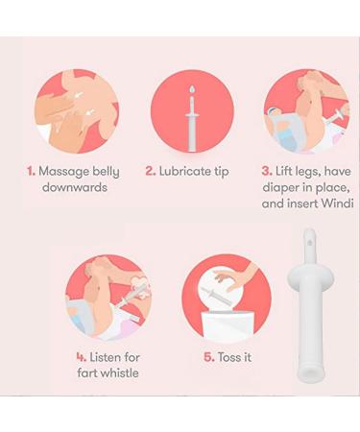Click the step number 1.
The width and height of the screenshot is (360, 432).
[x=30, y=171]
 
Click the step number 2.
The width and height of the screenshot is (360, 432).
[x=151, y=171]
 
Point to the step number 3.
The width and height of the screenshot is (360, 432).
[x=266, y=171]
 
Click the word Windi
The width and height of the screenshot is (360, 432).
[x=336, y=204]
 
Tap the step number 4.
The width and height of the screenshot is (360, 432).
[x=81, y=357]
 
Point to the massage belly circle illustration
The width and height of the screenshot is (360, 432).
[x=77, y=109]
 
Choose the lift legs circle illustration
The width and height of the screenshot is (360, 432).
[x=305, y=109]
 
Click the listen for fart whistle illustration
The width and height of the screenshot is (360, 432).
[x=108, y=297]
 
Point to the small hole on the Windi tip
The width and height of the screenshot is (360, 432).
[x=309, y=244]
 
